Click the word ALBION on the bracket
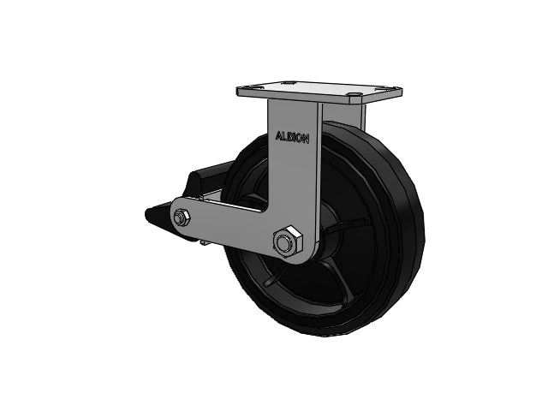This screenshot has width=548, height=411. [x=292, y=137]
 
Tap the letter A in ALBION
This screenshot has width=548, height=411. [x=278, y=135]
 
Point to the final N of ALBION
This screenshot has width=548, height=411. [x=306, y=139]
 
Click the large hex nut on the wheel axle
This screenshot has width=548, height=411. [x=288, y=241]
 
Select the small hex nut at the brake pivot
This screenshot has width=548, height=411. [x=182, y=217]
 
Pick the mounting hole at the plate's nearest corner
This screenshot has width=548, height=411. [x=354, y=94]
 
